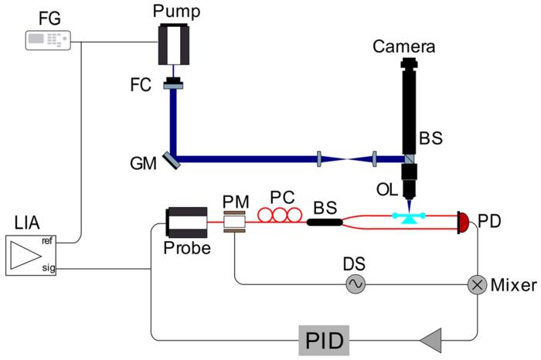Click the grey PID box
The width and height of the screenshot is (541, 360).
point(324,340)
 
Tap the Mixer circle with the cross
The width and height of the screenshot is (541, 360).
point(477,285)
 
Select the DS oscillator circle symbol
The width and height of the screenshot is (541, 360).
point(355,284)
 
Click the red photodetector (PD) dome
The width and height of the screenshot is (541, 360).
point(463,222)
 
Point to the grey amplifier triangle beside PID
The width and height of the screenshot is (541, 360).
point(431,341)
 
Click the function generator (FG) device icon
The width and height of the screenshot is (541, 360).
point(48,40)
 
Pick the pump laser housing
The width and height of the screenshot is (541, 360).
point(174,44)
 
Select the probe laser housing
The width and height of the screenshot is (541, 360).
point(187,222)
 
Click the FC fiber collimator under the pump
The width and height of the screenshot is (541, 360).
point(173,83)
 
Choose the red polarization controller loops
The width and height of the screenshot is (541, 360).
point(280,216)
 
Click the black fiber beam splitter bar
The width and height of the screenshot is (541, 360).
point(325,222)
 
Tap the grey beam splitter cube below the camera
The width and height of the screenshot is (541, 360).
point(409,159)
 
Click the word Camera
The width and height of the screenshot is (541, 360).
point(403,46)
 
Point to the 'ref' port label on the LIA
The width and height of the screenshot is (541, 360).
point(47,241)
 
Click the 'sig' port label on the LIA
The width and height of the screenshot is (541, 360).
point(48,267)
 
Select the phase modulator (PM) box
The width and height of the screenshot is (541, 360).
point(235,222)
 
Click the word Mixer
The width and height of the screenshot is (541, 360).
point(514,285)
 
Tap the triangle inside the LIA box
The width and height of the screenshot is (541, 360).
point(26,255)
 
